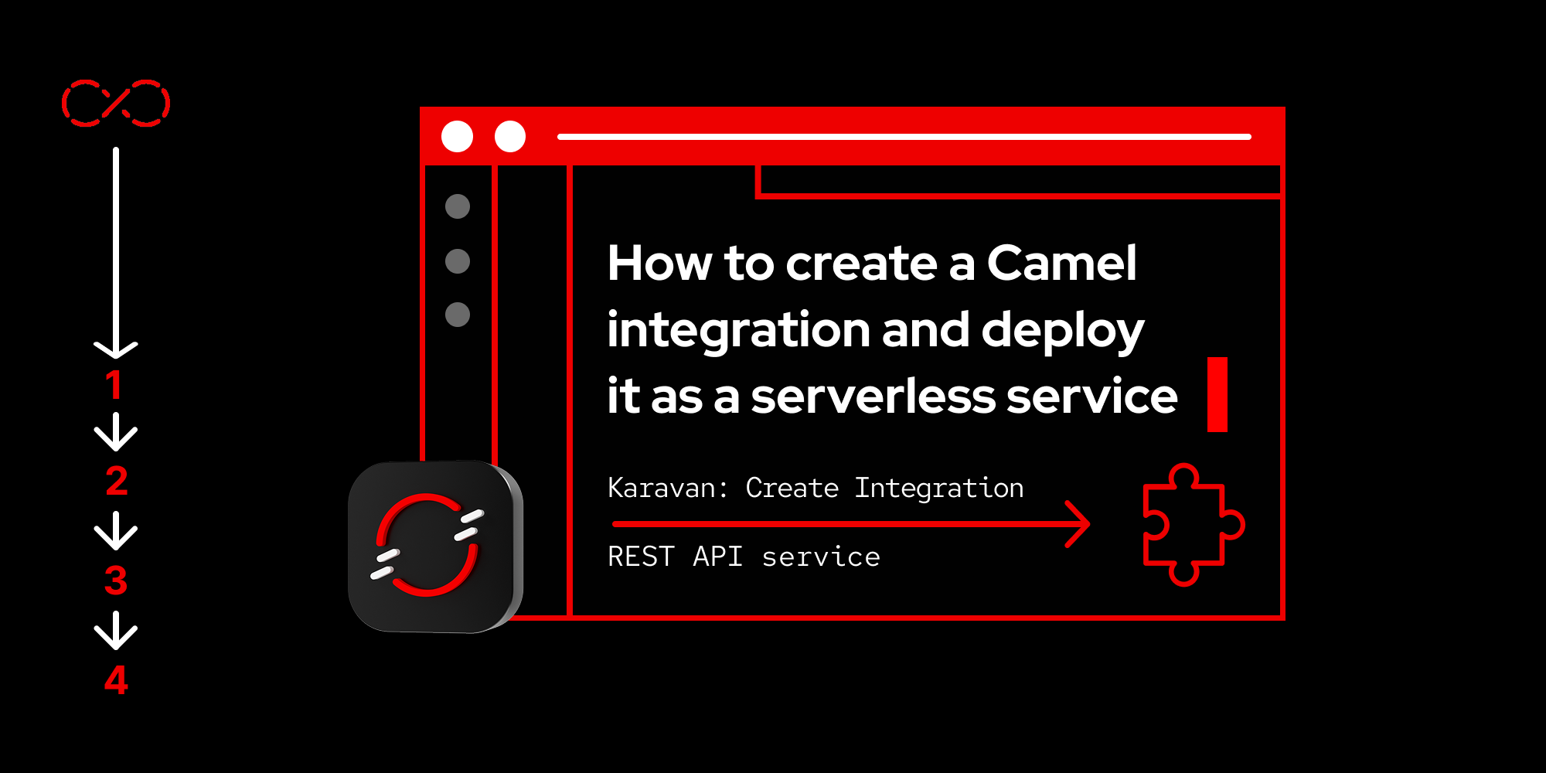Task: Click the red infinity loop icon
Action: point(116,103)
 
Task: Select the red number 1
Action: point(114,385)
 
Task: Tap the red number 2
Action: point(116,482)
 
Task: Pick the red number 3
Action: point(116,581)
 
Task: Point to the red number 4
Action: point(116,680)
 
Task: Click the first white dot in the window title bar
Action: point(457,137)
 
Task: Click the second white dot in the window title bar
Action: point(510,137)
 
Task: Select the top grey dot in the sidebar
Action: point(458,206)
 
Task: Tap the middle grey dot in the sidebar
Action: point(458,261)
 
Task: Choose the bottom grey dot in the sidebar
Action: point(458,315)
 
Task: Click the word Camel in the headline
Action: point(1061,264)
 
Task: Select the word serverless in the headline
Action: point(873,397)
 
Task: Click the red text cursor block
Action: point(1217,394)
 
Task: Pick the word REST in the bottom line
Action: point(641,557)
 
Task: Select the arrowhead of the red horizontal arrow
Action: point(1081,524)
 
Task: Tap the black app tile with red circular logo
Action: point(434,547)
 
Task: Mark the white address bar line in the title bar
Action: point(904,137)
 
